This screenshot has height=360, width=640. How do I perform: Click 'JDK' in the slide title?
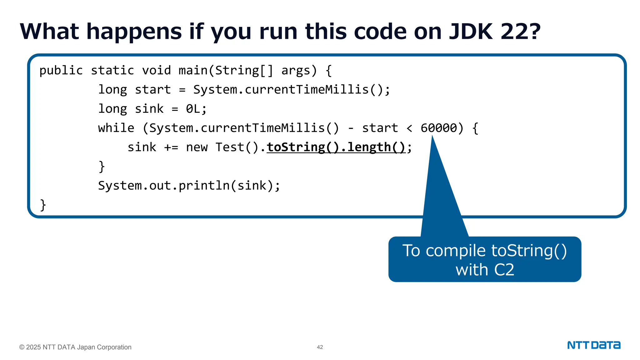point(471,32)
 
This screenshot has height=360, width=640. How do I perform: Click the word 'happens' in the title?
point(134,32)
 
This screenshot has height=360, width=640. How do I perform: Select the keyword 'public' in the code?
point(61,71)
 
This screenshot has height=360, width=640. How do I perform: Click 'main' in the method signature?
point(193,71)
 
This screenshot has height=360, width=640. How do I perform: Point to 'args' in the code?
point(296,71)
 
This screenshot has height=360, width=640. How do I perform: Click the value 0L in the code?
point(193,109)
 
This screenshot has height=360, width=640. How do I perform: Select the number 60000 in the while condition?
point(438,128)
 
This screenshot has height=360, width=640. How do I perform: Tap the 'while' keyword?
point(116,128)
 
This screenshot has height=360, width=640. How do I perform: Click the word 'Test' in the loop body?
point(230,147)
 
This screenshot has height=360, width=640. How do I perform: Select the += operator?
point(171,147)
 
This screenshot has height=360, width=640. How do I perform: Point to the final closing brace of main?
point(43,205)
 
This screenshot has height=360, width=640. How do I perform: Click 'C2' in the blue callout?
point(504,270)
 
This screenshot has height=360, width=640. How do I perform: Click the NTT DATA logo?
point(594,345)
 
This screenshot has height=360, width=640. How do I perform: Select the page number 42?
point(320,347)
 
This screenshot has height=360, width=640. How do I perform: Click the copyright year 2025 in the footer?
point(33,347)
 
